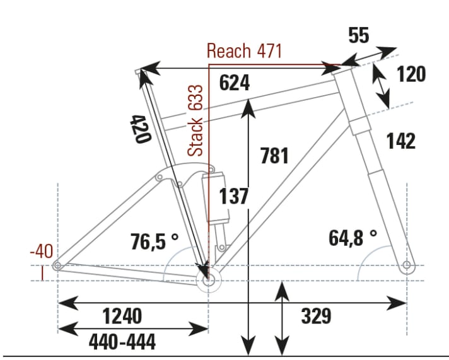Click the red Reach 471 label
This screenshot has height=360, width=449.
[244, 51]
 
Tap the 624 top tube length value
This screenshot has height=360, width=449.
[235, 83]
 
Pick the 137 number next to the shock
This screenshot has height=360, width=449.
[234, 197]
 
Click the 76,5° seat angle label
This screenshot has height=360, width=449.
[155, 241]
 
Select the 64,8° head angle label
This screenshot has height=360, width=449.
[352, 238]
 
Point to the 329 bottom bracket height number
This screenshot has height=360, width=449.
[316, 316]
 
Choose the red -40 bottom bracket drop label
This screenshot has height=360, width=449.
[41, 252]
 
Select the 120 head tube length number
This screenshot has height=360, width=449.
[411, 74]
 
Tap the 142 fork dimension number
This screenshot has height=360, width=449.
[401, 141]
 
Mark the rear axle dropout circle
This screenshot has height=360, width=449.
[57, 266]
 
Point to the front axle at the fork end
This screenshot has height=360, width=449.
[407, 264]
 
